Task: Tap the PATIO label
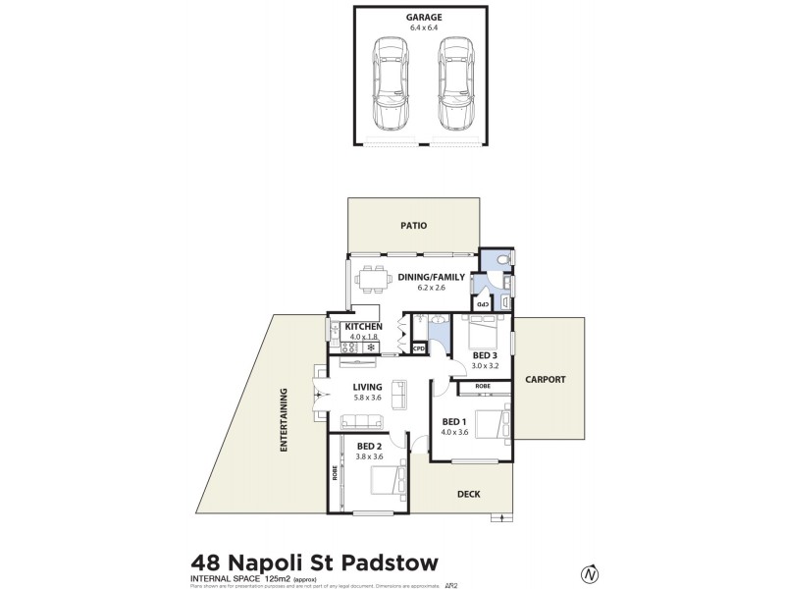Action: [413, 226]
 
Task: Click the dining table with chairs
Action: [370, 279]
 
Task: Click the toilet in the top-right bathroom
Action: [501, 260]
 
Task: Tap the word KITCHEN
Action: [361, 326]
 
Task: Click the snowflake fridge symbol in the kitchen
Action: [372, 347]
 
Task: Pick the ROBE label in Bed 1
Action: [483, 387]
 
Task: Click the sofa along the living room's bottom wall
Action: [362, 422]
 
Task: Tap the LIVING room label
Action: [369, 387]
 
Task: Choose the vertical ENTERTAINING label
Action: [284, 420]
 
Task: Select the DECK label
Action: [468, 494]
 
